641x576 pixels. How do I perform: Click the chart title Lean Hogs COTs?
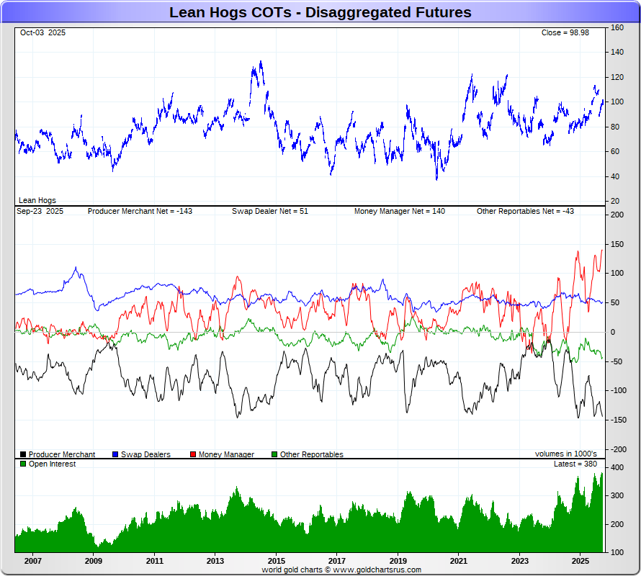tap(320, 12)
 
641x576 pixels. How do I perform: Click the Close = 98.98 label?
tap(565, 33)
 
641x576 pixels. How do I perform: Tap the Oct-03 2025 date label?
tap(42, 33)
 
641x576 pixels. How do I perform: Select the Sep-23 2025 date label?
tap(40, 211)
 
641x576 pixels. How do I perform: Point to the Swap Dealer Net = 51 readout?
tap(269, 211)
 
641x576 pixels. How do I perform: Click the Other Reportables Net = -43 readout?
tap(525, 211)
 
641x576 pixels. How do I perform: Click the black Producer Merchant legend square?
tap(23, 454)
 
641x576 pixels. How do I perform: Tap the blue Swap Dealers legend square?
tap(115, 454)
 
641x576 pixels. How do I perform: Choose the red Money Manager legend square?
tap(193, 454)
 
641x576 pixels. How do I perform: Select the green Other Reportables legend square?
tap(274, 454)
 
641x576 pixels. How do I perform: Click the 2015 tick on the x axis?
tap(276, 560)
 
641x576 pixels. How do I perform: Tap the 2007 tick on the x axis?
tap(32, 560)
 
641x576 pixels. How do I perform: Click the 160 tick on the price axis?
tap(617, 28)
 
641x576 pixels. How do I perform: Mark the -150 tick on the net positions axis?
tap(617, 420)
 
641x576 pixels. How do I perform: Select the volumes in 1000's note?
tap(565, 454)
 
